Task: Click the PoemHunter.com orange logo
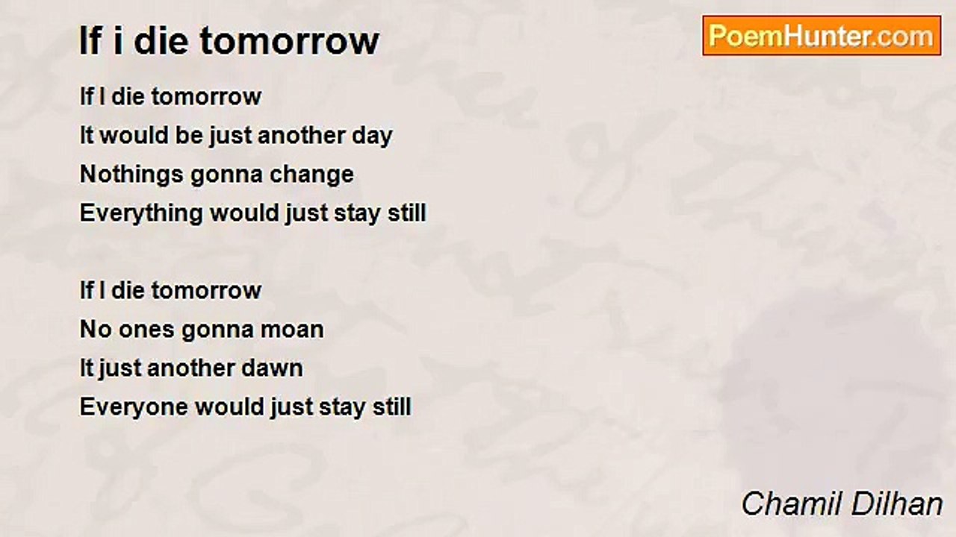(822, 36)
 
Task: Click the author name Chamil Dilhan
(842, 503)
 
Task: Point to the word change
(311, 175)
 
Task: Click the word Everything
(141, 213)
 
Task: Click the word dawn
(272, 368)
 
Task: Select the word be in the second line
(189, 136)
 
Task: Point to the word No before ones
(96, 330)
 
